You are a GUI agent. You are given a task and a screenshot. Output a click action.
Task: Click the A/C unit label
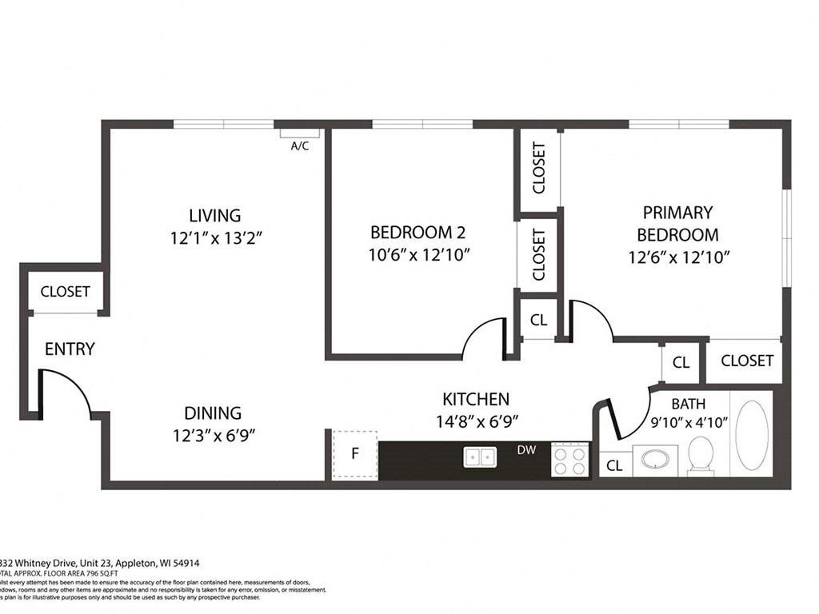point(300,146)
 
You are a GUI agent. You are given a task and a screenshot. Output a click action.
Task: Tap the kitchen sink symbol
point(480,457)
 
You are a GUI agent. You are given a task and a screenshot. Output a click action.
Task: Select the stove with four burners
point(569,460)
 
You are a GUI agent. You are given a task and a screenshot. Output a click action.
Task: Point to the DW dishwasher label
point(525,450)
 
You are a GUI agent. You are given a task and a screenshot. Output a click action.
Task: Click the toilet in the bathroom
point(701,454)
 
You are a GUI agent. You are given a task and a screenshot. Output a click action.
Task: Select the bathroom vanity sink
point(656,460)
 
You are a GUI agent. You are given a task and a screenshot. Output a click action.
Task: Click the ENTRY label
point(70,349)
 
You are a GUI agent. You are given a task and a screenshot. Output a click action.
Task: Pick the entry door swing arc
point(68,392)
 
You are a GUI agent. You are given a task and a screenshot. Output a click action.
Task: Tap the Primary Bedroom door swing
point(590,320)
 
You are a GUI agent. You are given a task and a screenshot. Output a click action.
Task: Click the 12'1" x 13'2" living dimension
point(215,237)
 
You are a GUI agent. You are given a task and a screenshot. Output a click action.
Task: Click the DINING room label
point(213,413)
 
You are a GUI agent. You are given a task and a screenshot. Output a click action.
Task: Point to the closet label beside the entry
point(66,292)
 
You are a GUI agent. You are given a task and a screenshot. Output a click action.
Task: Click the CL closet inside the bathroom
point(614,464)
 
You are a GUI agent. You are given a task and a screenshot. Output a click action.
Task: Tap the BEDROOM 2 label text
point(417,232)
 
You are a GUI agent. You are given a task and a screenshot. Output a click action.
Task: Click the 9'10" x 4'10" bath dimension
point(689,423)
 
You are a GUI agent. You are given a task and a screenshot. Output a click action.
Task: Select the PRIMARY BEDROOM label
point(677,223)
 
